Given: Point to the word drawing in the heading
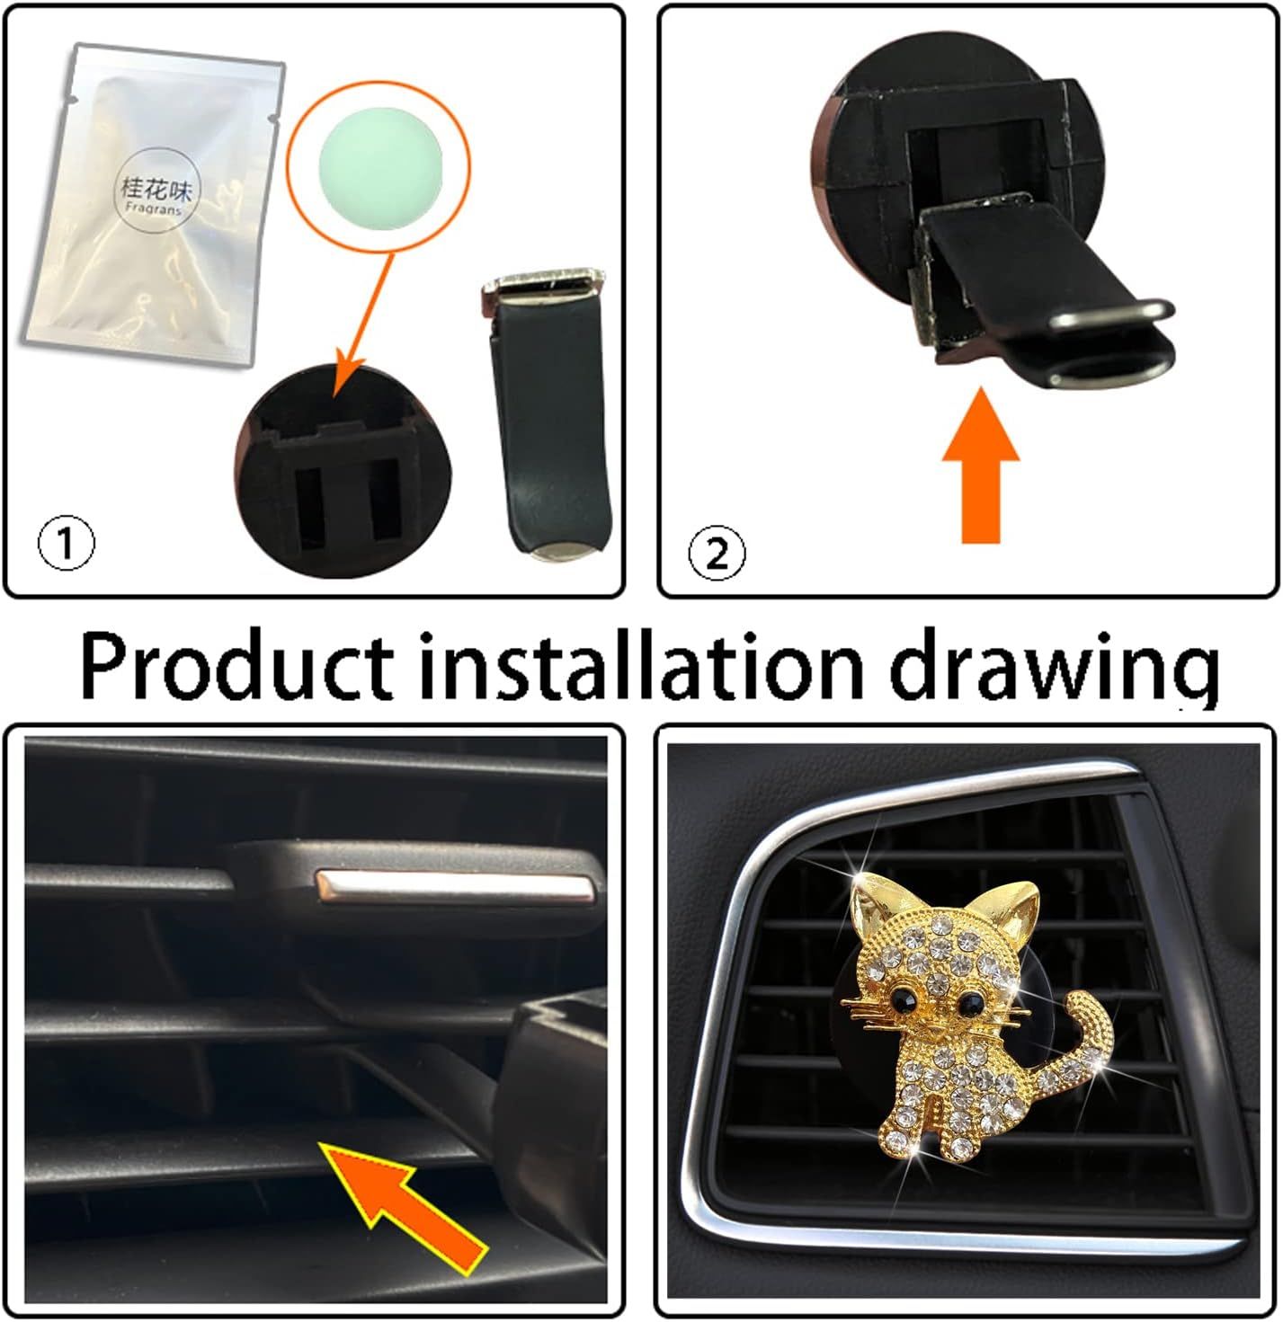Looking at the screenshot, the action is (x=1054, y=669).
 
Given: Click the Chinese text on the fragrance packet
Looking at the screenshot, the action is (x=156, y=188).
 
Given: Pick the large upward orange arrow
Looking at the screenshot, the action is (x=981, y=466).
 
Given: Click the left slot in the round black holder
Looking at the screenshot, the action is (x=309, y=508).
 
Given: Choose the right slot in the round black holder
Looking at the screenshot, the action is (x=384, y=502).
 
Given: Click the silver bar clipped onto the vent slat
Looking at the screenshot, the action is (x=454, y=887).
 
